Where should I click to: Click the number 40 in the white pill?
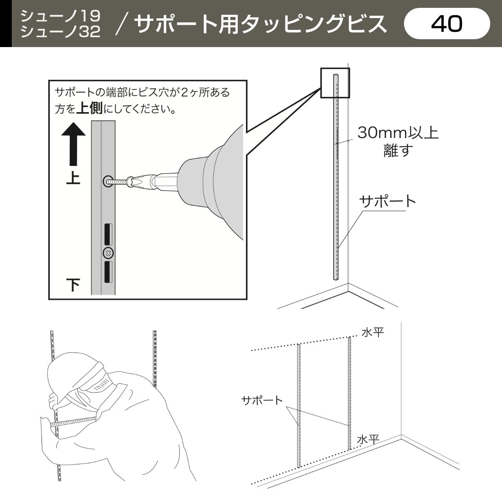[x=447, y=24]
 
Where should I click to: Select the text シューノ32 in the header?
[x=60, y=32]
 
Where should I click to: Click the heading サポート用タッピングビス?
[x=260, y=24]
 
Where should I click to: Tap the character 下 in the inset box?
[x=73, y=285]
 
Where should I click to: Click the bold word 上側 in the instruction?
[x=90, y=108]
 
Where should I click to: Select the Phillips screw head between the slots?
[x=108, y=253]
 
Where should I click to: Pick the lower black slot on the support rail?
[x=108, y=272]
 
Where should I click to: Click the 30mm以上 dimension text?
[x=398, y=133]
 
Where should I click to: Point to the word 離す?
[x=398, y=150]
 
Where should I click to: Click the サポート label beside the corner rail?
[x=387, y=201]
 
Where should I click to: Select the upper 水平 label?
[x=373, y=333]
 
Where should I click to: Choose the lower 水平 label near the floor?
[x=368, y=440]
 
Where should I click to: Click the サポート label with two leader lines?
[x=262, y=400]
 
